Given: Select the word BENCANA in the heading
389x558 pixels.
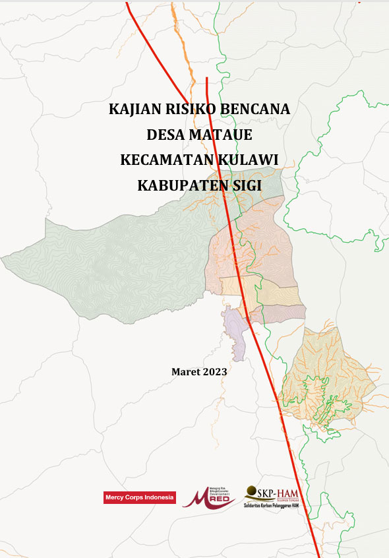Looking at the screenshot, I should tap(256, 109).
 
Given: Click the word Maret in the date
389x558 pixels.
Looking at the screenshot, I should tap(185, 372).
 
